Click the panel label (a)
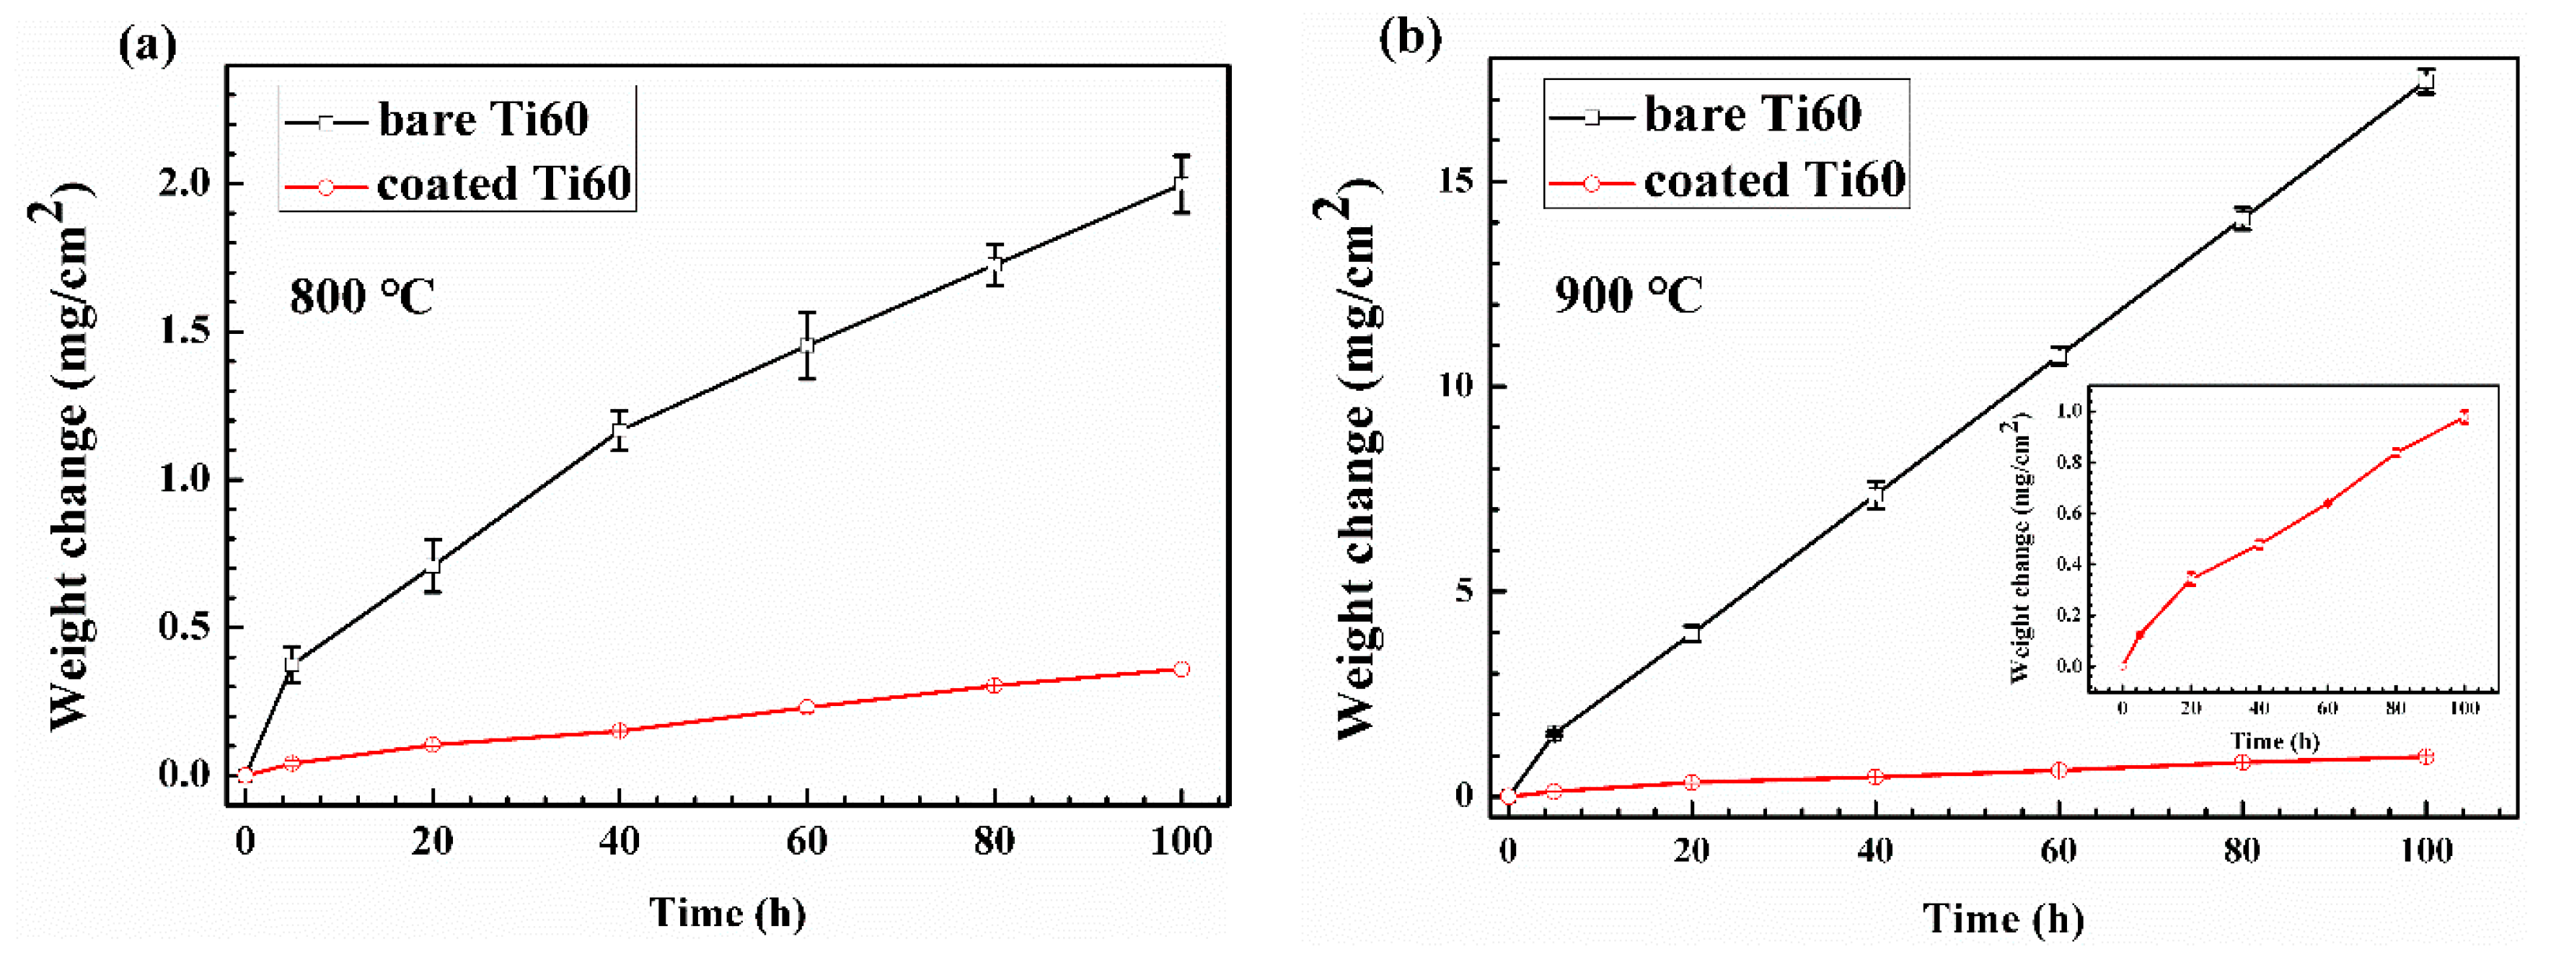[x=147, y=45]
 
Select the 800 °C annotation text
[x=362, y=296]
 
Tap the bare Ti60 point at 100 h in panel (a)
[x=1181, y=185]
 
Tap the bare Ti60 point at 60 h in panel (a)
[x=807, y=345]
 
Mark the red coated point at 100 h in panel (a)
[x=1181, y=669]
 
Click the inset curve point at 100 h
[x=2464, y=418]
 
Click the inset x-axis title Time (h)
[x=2274, y=741]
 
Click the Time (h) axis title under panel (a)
[x=727, y=912]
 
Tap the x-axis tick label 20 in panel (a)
[x=433, y=842]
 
